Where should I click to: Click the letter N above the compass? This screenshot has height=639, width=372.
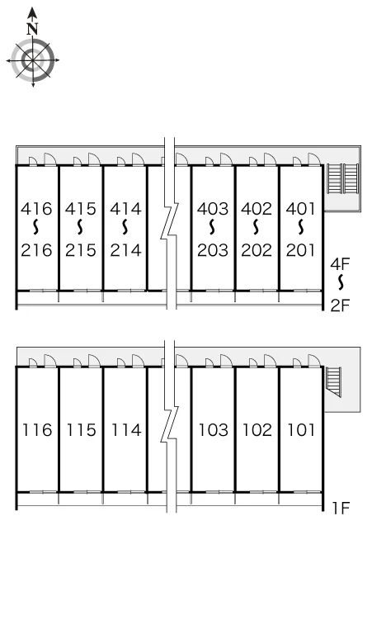[x=32, y=29]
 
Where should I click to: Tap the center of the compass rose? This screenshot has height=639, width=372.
[x=32, y=61]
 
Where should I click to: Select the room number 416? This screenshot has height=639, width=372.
[x=36, y=209]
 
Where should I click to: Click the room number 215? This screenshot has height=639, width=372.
[x=81, y=250]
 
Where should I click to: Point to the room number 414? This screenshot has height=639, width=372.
[x=125, y=209]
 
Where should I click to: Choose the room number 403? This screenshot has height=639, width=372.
[x=213, y=209]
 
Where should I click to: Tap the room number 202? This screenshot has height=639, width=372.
[x=257, y=250]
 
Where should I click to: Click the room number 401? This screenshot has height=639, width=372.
[x=301, y=209]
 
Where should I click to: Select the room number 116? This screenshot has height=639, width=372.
[x=37, y=430]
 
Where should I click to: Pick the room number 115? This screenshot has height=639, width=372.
[x=81, y=430]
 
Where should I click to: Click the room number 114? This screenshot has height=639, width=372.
[x=126, y=430]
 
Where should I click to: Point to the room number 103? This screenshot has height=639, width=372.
[x=214, y=430]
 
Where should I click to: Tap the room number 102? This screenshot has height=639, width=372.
[x=257, y=430]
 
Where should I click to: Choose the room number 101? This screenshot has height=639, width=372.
[x=301, y=430]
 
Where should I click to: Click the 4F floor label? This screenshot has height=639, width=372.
[x=341, y=264]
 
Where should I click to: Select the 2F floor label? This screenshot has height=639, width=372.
[x=341, y=305]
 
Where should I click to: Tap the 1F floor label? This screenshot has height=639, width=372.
[x=341, y=509]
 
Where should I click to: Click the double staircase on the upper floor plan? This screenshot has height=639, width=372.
[x=342, y=178]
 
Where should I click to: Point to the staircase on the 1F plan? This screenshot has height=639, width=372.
[x=335, y=381]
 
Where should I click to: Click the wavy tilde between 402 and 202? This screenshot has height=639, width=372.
[x=256, y=227]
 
